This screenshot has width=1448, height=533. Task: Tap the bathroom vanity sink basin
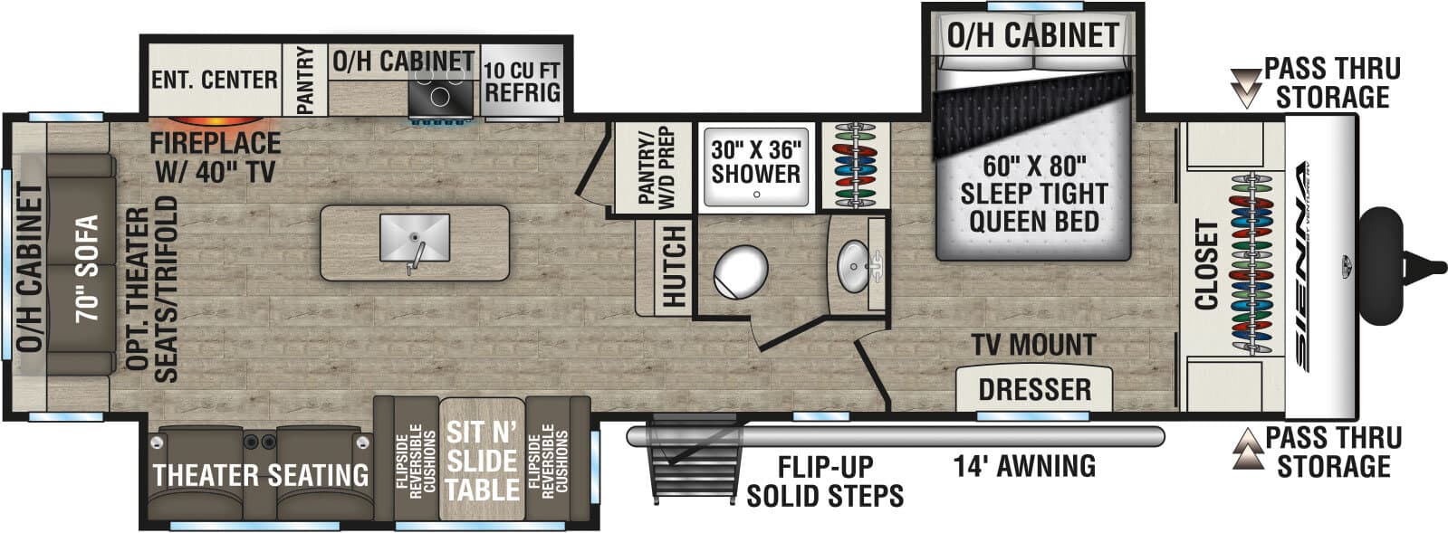click(x=850, y=264)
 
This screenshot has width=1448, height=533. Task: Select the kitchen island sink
click(x=415, y=238)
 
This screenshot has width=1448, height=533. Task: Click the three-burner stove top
click(x=441, y=93)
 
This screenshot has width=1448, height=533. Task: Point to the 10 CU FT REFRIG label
click(x=522, y=81)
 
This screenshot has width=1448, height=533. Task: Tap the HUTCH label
click(x=674, y=267)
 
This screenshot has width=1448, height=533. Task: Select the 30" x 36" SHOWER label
click(x=755, y=162)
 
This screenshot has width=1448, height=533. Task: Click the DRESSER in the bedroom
click(x=1034, y=389)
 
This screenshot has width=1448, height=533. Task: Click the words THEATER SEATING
click(x=261, y=475)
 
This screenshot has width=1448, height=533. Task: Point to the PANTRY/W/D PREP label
click(x=656, y=168)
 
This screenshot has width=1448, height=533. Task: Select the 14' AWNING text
click(x=1023, y=466)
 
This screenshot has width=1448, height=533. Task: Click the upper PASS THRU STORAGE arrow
click(x=1247, y=86)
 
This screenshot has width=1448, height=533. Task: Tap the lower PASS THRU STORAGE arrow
click(x=1247, y=450)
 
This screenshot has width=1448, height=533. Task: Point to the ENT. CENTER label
click(x=214, y=80)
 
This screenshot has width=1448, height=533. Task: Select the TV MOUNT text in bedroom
click(x=1033, y=345)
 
